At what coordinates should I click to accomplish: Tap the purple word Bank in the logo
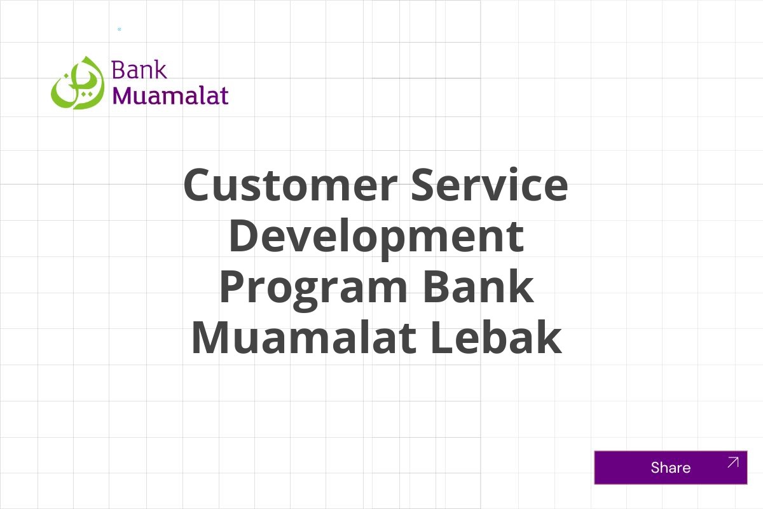pos(139,69)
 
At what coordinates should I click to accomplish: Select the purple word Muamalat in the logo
pos(170,95)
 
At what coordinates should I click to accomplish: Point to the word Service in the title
pos(489,185)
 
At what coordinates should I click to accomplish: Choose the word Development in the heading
pos(376,236)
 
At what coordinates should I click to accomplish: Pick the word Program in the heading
pos(312,287)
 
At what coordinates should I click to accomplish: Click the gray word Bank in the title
pos(478,287)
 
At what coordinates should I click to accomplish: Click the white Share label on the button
pos(670,468)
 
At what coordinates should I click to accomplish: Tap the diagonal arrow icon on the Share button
pos(732,462)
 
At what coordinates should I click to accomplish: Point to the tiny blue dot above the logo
pos(119,29)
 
